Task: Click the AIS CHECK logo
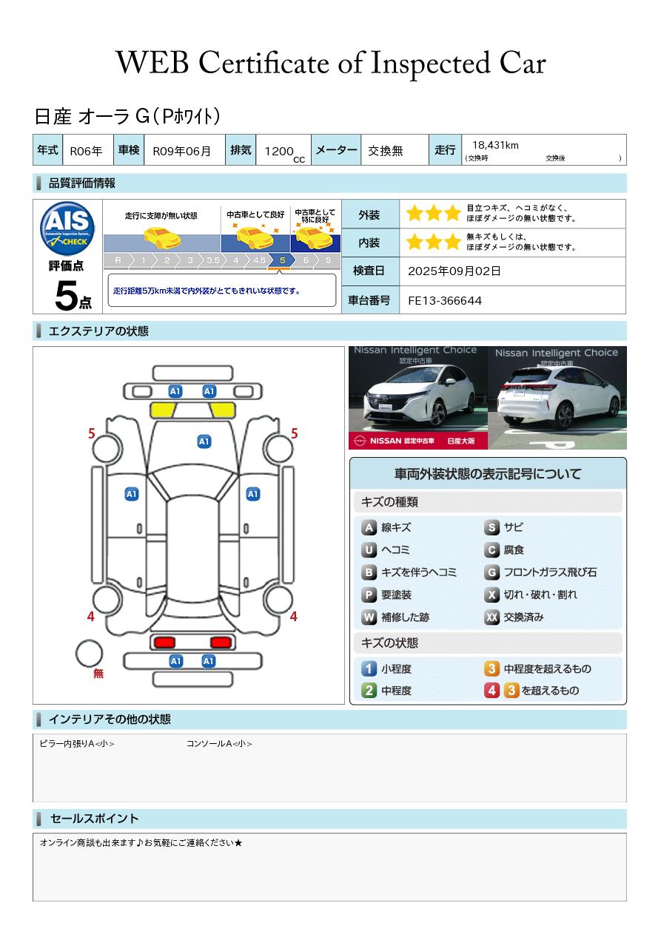(x=67, y=228)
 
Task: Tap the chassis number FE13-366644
(x=444, y=301)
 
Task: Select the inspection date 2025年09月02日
(x=454, y=271)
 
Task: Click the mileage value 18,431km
(x=495, y=145)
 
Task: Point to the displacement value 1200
(x=279, y=151)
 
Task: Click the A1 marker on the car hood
(x=204, y=441)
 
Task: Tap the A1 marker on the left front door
(x=132, y=494)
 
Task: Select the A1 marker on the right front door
(x=253, y=494)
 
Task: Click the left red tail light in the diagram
(x=164, y=643)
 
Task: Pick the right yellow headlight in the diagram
(x=223, y=410)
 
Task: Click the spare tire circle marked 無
(x=89, y=654)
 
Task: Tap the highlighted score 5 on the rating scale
(x=283, y=260)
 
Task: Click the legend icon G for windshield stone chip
(x=491, y=572)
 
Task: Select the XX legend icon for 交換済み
(x=491, y=617)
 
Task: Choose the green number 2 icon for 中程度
(x=369, y=691)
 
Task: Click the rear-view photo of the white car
(x=557, y=398)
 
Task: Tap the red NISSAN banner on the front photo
(x=417, y=441)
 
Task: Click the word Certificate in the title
(x=264, y=64)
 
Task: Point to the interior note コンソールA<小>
(x=219, y=744)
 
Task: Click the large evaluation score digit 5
(x=67, y=296)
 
